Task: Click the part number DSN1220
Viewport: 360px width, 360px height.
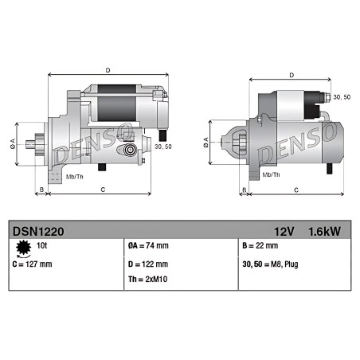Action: (x=38, y=232)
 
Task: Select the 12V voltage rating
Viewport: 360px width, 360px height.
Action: (x=284, y=232)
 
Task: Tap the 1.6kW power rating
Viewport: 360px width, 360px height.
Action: (x=325, y=232)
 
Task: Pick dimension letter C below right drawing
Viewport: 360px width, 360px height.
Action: (x=296, y=190)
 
